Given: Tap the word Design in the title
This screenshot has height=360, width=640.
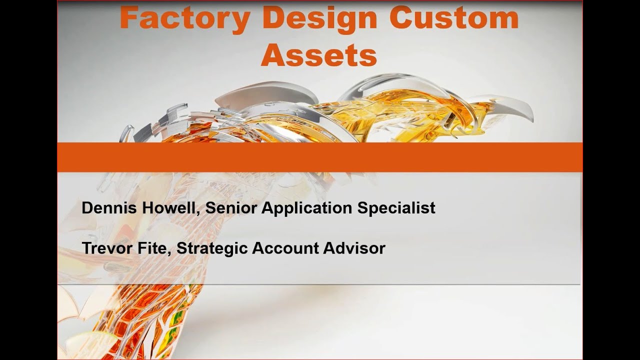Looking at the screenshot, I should click(319, 18).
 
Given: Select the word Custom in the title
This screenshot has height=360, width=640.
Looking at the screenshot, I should click(453, 18).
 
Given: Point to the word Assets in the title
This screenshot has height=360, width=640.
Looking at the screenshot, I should click(318, 55).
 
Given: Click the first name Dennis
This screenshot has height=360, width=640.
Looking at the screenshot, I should click(108, 208).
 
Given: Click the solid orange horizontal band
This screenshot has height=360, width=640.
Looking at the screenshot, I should click(320, 157).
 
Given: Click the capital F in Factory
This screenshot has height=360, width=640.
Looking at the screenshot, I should click(128, 18).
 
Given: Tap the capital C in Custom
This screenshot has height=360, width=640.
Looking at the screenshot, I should click(400, 18).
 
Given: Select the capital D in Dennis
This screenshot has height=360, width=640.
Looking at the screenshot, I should click(87, 208).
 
